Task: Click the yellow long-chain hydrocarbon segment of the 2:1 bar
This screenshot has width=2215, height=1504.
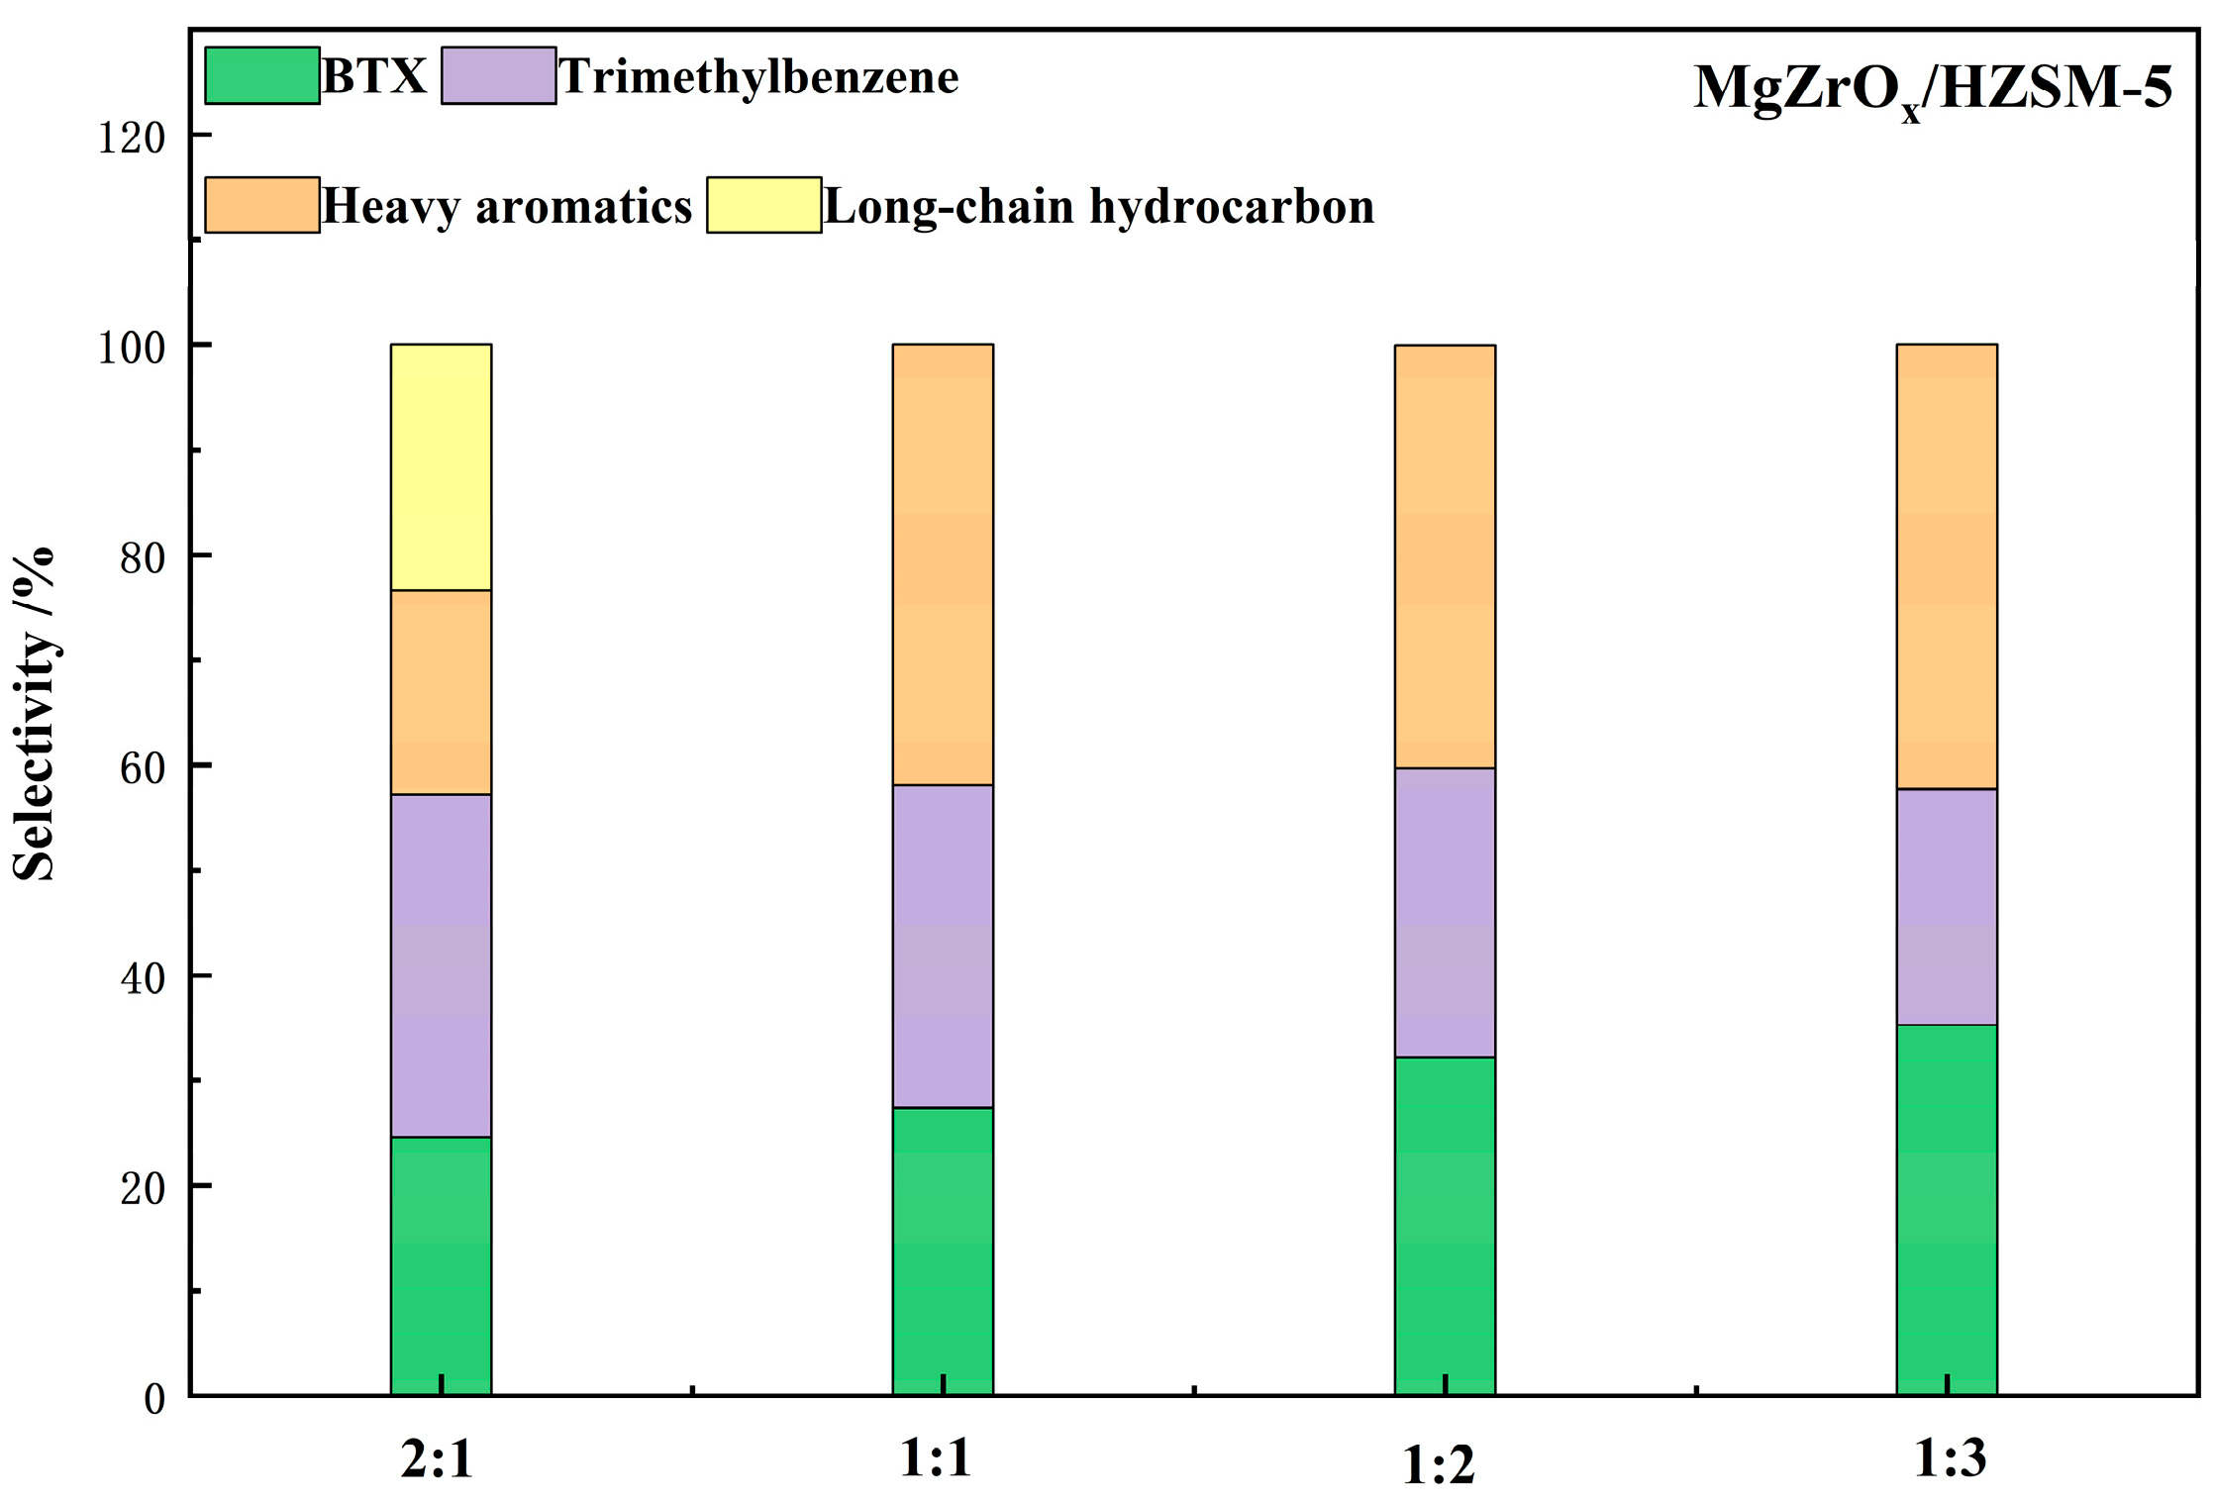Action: (441, 467)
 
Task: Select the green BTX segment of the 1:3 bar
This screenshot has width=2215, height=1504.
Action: (1946, 1209)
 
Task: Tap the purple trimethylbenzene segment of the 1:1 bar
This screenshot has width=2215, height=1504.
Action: (943, 946)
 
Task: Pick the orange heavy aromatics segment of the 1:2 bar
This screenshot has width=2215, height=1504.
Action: (1445, 556)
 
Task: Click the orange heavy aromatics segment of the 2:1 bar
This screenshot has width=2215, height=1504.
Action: (441, 692)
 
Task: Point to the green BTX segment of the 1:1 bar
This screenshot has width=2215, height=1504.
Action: (943, 1251)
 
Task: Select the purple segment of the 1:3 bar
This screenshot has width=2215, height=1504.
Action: (1946, 906)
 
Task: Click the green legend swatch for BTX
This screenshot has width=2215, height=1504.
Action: (262, 75)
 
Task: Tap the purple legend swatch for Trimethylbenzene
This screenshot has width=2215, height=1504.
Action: (498, 75)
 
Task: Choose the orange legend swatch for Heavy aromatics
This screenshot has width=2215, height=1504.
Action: (262, 205)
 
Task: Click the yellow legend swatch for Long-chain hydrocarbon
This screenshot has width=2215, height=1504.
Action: (763, 205)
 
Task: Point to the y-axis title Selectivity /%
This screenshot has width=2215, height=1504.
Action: (34, 713)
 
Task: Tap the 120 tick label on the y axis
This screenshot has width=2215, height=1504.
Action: (130, 138)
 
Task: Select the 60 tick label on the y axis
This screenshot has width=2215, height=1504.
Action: (142, 768)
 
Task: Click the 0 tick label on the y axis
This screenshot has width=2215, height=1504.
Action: (154, 1398)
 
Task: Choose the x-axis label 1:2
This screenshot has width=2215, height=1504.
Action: (1438, 1465)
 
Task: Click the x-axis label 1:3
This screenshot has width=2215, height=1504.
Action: (1949, 1458)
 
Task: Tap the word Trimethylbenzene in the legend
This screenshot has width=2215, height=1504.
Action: (758, 77)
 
